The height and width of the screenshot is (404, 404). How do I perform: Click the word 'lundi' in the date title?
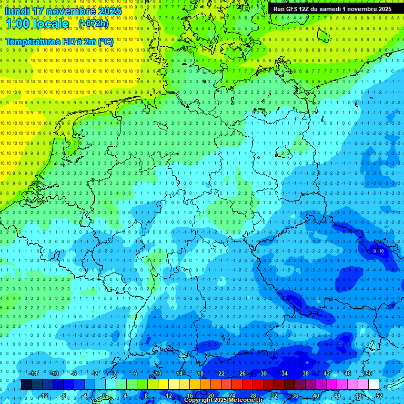(18, 11)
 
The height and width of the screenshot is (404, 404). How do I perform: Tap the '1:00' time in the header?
(18, 24)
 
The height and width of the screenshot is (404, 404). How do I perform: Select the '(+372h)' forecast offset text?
(94, 24)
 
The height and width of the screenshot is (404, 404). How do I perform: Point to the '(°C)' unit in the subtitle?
(105, 42)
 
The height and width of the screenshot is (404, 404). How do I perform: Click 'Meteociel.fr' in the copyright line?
(240, 400)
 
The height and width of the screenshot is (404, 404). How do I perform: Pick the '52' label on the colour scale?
(380, 396)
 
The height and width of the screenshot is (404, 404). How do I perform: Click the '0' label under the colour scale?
(104, 396)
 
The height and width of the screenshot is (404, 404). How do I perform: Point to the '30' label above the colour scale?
(263, 373)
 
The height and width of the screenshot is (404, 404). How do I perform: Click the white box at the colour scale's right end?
(373, 385)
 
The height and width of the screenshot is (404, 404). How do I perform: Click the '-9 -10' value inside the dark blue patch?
(378, 251)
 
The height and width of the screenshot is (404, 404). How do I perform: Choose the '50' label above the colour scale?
(368, 373)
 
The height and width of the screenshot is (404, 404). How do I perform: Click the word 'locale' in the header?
(52, 24)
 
